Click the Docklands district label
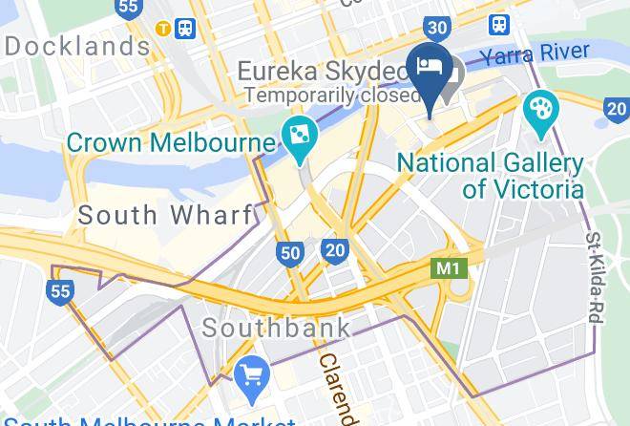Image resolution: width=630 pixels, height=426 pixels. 77,45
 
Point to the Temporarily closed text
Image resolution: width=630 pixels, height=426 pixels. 330,96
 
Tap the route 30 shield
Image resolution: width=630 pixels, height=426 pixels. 438,28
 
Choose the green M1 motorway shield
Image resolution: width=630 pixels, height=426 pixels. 448,268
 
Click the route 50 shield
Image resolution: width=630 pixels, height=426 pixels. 291,252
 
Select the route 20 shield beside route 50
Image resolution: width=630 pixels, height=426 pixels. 334,250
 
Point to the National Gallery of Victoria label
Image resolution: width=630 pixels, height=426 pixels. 490,175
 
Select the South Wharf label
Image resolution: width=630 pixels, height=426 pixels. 165,215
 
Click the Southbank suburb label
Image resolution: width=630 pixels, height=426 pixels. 276,329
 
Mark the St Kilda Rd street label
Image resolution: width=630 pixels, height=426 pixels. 593,278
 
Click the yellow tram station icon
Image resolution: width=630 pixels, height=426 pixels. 164,28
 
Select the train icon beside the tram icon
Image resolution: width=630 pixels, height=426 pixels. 185,28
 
